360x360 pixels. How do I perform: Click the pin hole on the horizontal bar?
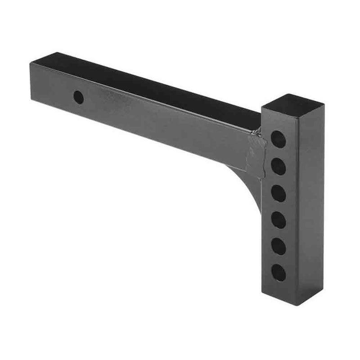(x=79, y=97)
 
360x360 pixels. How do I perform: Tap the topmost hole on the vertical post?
(x=279, y=139)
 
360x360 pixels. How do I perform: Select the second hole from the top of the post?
(x=279, y=166)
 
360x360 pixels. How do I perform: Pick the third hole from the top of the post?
(x=279, y=193)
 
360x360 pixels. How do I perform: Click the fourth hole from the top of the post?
(x=279, y=220)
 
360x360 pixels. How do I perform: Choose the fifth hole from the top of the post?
(x=279, y=246)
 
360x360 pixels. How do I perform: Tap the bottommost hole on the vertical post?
(x=279, y=273)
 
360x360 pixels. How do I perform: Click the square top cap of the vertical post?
(x=293, y=105)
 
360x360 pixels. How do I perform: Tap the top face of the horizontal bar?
(x=148, y=83)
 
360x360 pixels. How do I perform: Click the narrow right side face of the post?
(x=316, y=202)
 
